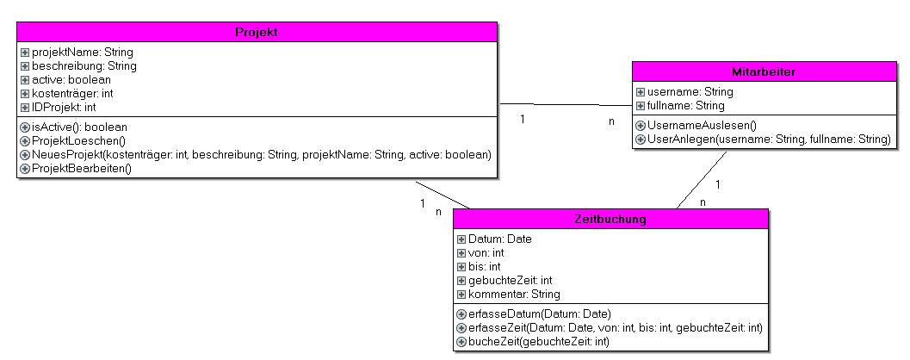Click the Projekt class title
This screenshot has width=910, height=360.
tap(257, 33)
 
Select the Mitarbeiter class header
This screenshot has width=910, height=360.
tap(763, 71)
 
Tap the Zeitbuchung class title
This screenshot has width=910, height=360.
tap(610, 220)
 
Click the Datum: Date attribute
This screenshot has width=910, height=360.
tap(499, 239)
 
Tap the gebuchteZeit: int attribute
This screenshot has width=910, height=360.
tap(510, 281)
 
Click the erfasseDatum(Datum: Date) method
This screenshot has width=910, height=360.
tap(540, 314)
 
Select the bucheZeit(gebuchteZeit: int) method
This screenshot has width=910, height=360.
tap(538, 342)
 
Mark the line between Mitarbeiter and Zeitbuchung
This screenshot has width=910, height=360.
tap(702, 180)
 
